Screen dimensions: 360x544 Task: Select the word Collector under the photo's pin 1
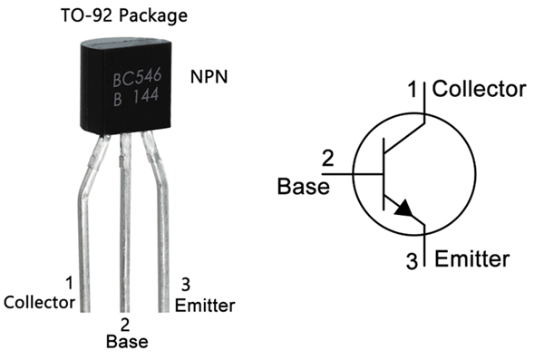(39, 303)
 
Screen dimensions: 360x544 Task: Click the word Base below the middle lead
(126, 342)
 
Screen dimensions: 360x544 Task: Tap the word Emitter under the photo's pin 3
(205, 303)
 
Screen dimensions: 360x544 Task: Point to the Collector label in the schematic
(479, 89)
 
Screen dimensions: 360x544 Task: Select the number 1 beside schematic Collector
(413, 90)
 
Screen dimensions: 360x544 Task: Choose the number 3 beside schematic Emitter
(413, 262)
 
